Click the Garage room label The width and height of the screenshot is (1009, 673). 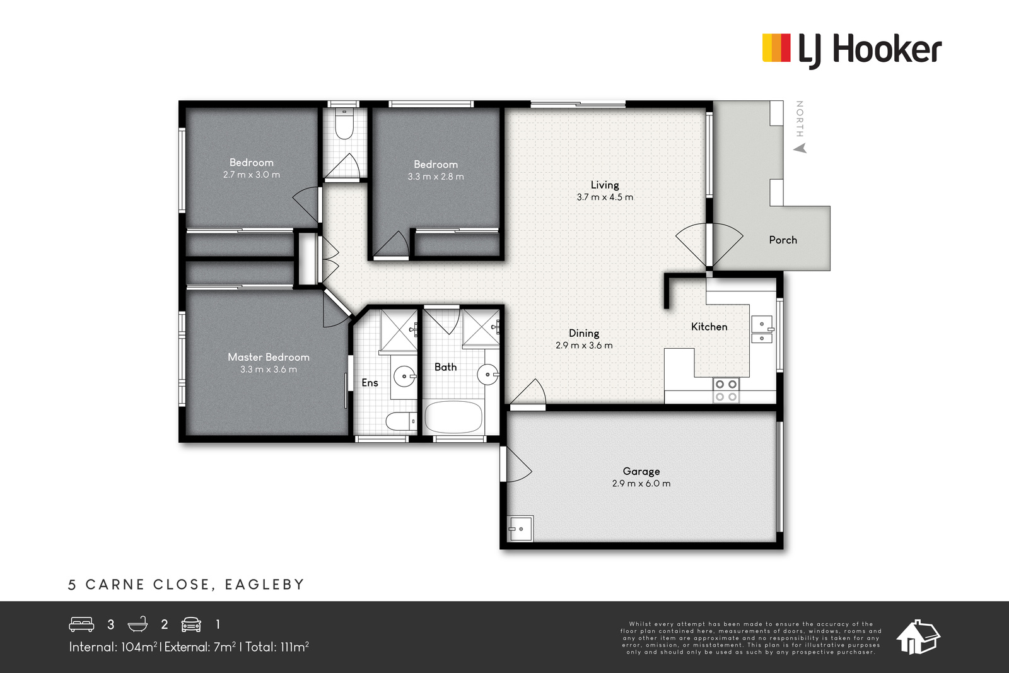[x=641, y=471]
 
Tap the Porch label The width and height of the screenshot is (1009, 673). [x=783, y=240]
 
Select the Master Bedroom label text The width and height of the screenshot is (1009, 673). [x=269, y=357]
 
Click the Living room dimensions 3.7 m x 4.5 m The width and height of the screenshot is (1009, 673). [x=605, y=197]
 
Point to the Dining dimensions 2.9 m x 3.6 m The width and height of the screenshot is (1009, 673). [x=584, y=346]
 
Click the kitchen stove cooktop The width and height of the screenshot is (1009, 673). [x=726, y=390]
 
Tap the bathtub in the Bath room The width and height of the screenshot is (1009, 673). [x=453, y=417]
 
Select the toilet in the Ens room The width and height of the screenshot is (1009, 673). [x=402, y=421]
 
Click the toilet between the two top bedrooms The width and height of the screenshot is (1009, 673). [x=344, y=124]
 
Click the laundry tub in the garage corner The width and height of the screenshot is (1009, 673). [x=520, y=529]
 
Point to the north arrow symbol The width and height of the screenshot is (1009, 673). [x=800, y=148]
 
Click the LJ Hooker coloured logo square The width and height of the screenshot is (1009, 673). [x=776, y=48]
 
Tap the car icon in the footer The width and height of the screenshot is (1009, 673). [x=191, y=624]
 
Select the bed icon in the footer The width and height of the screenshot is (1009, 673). [x=81, y=624]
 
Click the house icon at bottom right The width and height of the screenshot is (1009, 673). [x=918, y=637]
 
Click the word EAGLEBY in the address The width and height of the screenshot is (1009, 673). [x=265, y=585]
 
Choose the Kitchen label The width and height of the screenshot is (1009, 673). [x=709, y=327]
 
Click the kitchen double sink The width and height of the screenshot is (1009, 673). [x=762, y=330]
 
